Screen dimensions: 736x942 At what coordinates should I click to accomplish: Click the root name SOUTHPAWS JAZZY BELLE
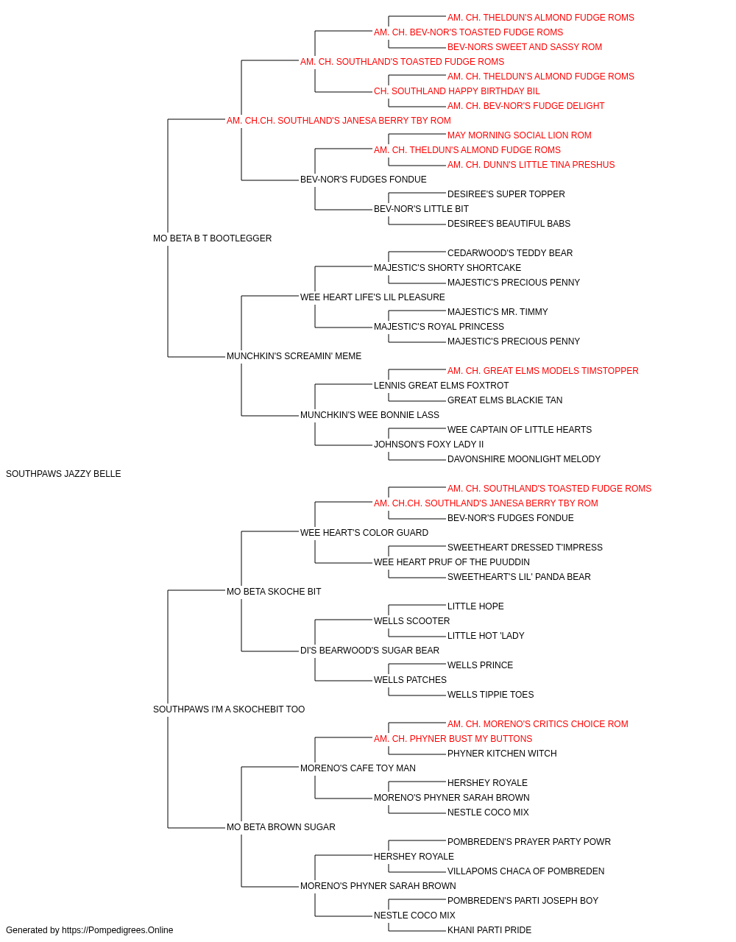[63, 473]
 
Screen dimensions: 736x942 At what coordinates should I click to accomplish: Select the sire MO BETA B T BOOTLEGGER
[212, 238]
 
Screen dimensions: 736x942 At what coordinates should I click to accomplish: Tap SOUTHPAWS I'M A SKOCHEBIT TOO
[228, 709]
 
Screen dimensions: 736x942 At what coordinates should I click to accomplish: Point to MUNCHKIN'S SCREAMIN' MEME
[294, 356]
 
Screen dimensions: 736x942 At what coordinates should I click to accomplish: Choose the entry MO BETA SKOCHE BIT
[274, 591]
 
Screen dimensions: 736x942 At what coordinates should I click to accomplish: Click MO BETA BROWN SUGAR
[280, 826]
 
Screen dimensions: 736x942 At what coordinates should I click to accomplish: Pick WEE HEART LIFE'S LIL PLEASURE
[372, 297]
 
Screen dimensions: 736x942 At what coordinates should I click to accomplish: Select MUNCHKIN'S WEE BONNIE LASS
[369, 415]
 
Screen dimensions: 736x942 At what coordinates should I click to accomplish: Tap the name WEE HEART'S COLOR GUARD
[364, 532]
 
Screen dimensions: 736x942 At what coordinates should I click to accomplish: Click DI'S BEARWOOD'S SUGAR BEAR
[369, 651]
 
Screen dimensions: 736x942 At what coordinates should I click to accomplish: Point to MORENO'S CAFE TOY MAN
[358, 768]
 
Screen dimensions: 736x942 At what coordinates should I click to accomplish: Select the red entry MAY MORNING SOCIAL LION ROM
[519, 135]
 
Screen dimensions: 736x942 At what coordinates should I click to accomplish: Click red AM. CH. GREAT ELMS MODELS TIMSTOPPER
[542, 371]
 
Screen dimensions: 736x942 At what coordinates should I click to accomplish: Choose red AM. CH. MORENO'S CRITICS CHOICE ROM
[537, 724]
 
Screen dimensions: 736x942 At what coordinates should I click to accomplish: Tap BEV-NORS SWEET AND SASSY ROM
[525, 47]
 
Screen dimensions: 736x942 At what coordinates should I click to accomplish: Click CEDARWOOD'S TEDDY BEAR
[510, 252]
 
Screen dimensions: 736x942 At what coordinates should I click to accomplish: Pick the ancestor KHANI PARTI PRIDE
[489, 930]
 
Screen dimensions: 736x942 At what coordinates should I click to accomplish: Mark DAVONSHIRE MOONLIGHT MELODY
[523, 458]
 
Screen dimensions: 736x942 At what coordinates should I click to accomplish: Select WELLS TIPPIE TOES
[490, 695]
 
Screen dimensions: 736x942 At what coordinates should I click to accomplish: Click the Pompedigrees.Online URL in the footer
[117, 930]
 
